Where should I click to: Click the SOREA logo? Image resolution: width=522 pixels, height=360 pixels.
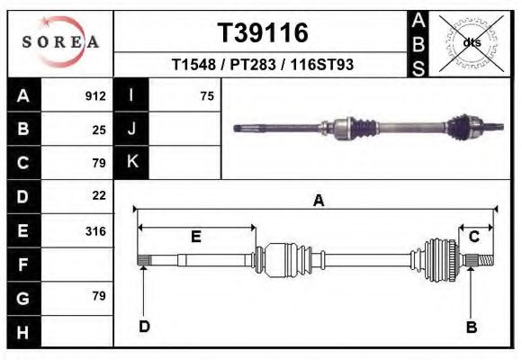pyautogui.click(x=60, y=42)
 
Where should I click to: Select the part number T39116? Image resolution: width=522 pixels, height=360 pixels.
pyautogui.click(x=263, y=32)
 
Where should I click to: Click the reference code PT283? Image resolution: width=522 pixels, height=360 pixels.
pyautogui.click(x=253, y=64)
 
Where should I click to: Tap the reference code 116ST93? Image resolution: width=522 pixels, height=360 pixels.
pyautogui.click(x=321, y=64)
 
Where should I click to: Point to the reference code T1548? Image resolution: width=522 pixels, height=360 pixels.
pyautogui.click(x=193, y=64)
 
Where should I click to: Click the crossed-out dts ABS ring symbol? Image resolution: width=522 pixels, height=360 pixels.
pyautogui.click(x=472, y=43)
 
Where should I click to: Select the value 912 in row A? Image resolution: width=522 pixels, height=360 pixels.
pyautogui.click(x=95, y=96)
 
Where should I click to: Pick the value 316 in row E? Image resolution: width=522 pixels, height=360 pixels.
pyautogui.click(x=95, y=230)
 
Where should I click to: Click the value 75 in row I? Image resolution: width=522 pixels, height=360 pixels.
pyautogui.click(x=207, y=96)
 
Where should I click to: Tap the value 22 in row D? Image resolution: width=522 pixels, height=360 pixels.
pyautogui.click(x=99, y=195)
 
